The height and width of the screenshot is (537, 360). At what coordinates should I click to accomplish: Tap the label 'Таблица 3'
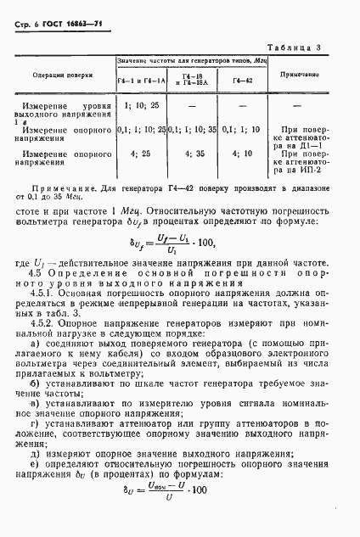pyautogui.click(x=313, y=48)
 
